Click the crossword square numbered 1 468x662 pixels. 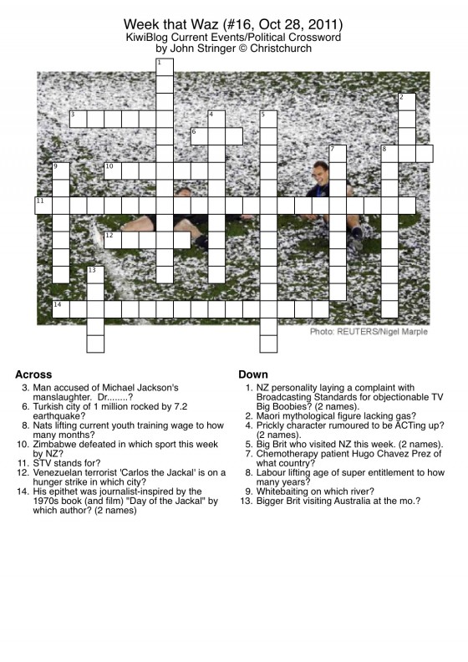[165, 67]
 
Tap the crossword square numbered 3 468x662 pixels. [78, 119]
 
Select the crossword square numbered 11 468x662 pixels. [43, 206]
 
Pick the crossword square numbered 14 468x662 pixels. [61, 309]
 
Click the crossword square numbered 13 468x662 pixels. [95, 275]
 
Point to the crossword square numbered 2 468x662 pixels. [407, 102]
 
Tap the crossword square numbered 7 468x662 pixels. [338, 154]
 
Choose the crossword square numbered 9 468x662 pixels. [61, 171]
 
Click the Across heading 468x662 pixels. [33, 374]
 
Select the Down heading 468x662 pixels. [253, 374]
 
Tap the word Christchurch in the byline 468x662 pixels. [281, 48]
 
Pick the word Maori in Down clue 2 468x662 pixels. [267, 416]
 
